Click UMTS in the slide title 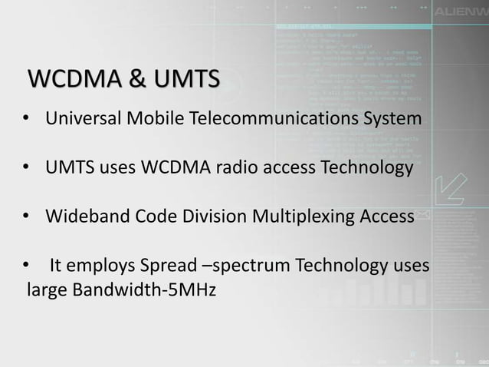[x=183, y=79]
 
